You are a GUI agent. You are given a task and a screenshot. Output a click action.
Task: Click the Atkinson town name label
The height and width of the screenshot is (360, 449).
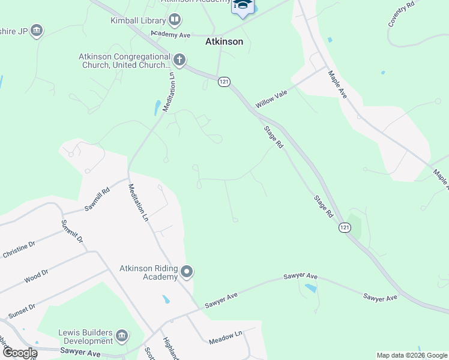[224, 42]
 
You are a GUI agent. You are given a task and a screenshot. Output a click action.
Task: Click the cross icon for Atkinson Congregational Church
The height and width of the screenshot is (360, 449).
[179, 60]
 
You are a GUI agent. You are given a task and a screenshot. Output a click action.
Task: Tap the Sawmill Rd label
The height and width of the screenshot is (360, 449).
[97, 199]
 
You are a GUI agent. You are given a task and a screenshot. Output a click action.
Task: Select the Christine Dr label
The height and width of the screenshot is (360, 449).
[19, 250]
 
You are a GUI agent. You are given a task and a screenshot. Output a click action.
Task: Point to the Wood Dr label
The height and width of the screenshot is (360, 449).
[35, 276]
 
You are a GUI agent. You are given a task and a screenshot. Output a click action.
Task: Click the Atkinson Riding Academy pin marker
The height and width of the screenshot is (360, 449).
[187, 272]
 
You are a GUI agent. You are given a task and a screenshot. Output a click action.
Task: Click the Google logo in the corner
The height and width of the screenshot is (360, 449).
[19, 353]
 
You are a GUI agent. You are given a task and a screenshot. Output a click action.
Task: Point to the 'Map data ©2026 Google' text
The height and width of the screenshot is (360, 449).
[412, 355]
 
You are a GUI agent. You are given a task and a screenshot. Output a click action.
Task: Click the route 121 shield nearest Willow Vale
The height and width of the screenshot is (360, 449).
[223, 82]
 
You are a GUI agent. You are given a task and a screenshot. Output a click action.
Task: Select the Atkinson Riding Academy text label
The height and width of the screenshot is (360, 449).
[148, 272]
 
